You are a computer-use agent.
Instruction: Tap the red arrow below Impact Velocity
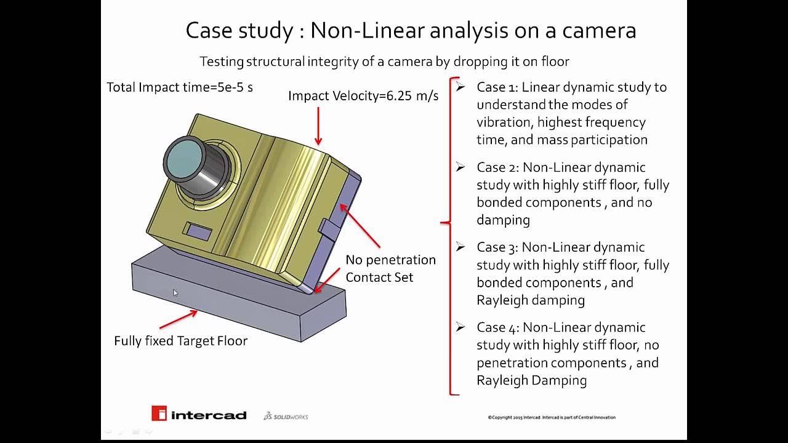pyautogui.click(x=318, y=126)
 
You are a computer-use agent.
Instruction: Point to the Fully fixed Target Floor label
pyautogui.click(x=180, y=341)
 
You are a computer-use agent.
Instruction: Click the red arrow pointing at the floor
pyautogui.click(x=179, y=320)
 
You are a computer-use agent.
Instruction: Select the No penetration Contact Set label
pyautogui.click(x=390, y=268)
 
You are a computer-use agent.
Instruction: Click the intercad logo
pyautogui.click(x=199, y=414)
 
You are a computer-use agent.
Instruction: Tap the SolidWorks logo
pyautogui.click(x=286, y=417)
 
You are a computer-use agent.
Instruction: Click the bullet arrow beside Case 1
pyautogui.click(x=460, y=87)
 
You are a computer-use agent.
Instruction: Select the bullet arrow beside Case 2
pyautogui.click(x=460, y=167)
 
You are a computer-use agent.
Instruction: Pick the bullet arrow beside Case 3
pyautogui.click(x=460, y=247)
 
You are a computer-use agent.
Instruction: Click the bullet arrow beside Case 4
pyautogui.click(x=460, y=327)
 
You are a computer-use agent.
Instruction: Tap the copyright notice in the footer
pyautogui.click(x=551, y=417)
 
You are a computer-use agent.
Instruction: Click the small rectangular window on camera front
pyautogui.click(x=199, y=232)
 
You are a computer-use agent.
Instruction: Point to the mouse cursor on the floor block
pyautogui.click(x=175, y=293)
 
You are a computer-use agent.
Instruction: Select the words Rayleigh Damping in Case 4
pyautogui.click(x=531, y=380)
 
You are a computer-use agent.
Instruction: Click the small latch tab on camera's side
pyautogui.click(x=328, y=229)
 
